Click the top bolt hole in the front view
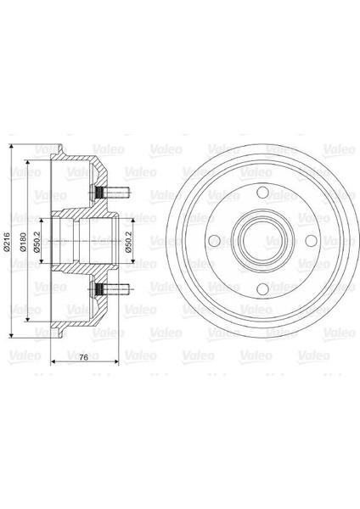tap(262, 194)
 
